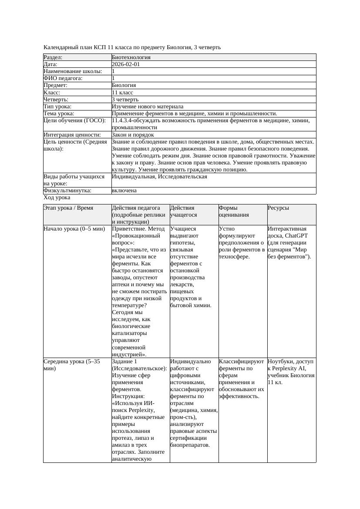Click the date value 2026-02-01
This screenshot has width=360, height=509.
pyautogui.click(x=125, y=64)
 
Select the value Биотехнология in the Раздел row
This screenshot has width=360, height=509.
pyautogui.click(x=131, y=57)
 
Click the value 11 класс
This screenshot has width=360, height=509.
pyautogui.click(x=122, y=93)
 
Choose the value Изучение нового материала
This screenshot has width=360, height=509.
pyautogui.click(x=147, y=107)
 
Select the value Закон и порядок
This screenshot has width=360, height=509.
pyautogui.click(x=133, y=135)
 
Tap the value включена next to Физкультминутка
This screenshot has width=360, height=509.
pyautogui.click(x=124, y=191)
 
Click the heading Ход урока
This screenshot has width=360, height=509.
pyautogui.click(x=57, y=198)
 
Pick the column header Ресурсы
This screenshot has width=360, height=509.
pyautogui.click(x=278, y=208)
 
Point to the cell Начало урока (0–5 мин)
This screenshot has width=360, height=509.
pyautogui.click(x=74, y=229)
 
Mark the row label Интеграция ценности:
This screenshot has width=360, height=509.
pyautogui.click(x=72, y=135)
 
